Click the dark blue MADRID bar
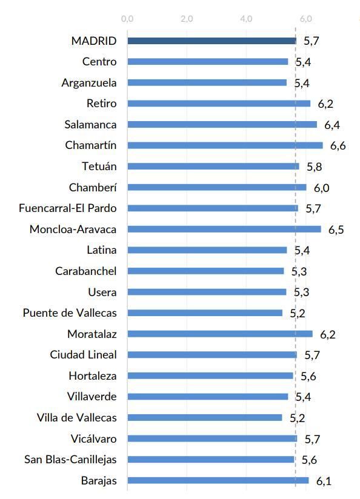coord(212,41)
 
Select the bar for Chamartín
coord(225,145)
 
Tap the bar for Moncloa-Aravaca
coord(224,229)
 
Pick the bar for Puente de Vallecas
coord(205,313)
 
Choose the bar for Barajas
coord(218,481)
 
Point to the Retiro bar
coord(219,104)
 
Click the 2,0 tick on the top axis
coord(187,19)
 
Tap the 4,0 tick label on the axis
coord(246,19)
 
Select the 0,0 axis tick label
coord(127,19)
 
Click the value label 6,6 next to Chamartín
coord(338,146)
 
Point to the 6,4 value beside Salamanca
coord(332,125)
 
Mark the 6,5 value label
coord(336,230)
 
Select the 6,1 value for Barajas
coord(324,481)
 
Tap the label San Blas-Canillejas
coord(70,460)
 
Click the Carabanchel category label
coord(85,271)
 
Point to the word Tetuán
coord(99,167)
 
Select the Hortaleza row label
coord(93,376)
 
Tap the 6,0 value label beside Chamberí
coord(321,188)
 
